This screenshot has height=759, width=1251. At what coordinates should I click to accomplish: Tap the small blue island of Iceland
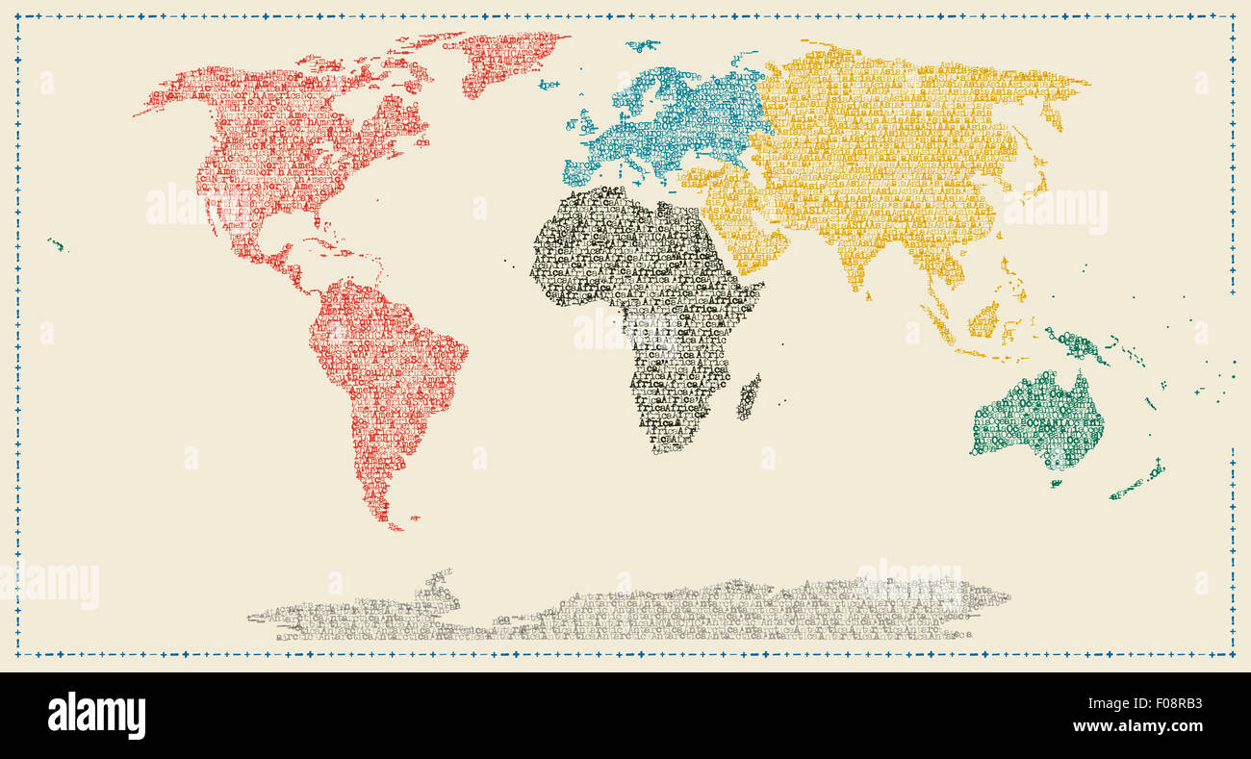549,85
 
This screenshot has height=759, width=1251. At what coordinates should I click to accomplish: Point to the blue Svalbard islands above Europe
642,44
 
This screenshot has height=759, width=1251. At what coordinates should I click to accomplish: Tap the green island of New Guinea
1077,344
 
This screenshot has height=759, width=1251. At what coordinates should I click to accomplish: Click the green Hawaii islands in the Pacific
57,245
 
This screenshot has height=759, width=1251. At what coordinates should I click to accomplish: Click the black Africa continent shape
635,289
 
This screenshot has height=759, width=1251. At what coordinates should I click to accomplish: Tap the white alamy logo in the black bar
96,716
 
